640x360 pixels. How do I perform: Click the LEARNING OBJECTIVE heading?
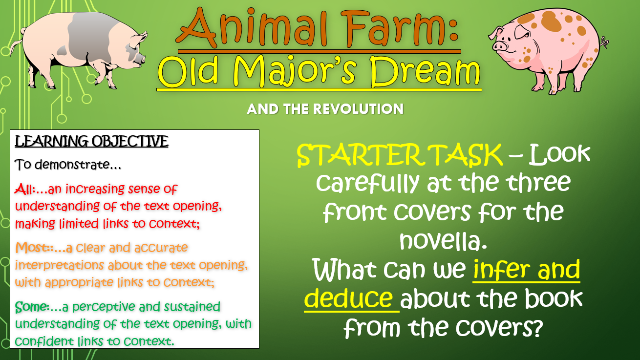pos(91,142)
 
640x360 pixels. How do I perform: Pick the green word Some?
pos(32,307)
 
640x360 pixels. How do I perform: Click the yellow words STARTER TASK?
pos(400,155)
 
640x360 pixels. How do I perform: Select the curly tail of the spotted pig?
pos(604,43)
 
